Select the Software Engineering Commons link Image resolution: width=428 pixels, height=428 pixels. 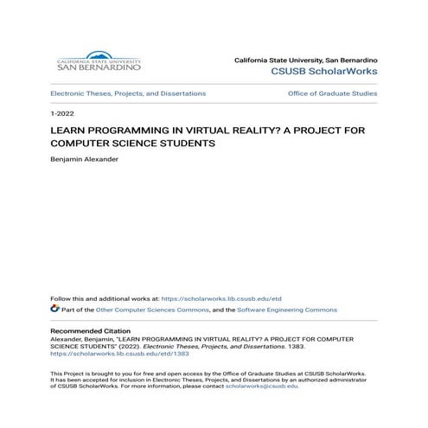tap(288, 309)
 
